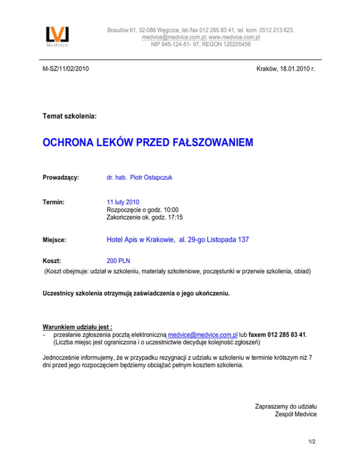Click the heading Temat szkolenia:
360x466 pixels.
[x=69, y=115]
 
